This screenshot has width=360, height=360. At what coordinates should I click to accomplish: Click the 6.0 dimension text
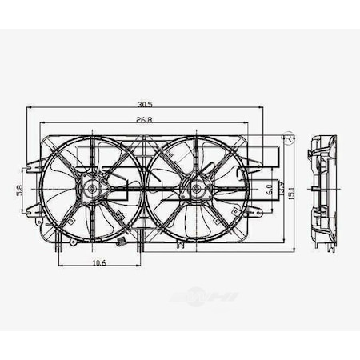[270, 190]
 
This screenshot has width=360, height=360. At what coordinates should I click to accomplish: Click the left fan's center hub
[93, 190]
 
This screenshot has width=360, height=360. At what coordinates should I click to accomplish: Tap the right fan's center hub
[196, 190]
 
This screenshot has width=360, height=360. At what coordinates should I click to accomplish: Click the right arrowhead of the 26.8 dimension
[247, 124]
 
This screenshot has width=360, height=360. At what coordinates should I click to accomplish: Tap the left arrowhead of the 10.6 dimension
[61, 266]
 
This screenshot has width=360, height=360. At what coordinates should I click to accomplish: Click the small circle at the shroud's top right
[290, 140]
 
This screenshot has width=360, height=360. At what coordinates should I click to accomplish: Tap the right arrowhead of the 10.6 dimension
[142, 266]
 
